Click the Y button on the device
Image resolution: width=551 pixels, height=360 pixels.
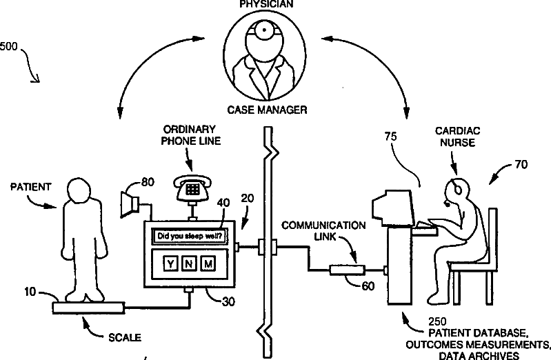pyautogui.click(x=170, y=263)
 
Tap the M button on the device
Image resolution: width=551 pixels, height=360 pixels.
pyautogui.click(x=208, y=263)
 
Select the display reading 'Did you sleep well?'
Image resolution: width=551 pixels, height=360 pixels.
pyautogui.click(x=190, y=236)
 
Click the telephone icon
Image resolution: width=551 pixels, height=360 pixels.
pyautogui.click(x=192, y=188)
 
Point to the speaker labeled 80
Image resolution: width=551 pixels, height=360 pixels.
pyautogui.click(x=130, y=203)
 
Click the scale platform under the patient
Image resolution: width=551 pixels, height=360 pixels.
pyautogui.click(x=88, y=308)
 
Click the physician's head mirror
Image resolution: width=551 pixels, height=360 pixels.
pyautogui.click(x=263, y=30)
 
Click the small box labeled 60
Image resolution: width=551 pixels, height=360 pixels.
pyautogui.click(x=347, y=270)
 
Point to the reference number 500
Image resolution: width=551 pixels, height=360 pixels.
pyautogui.click(x=8, y=46)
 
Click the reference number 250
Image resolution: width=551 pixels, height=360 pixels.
pyautogui.click(x=437, y=321)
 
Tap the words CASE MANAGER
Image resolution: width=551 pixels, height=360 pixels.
pyautogui.click(x=267, y=110)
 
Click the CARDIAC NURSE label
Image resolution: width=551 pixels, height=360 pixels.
pyautogui.click(x=457, y=137)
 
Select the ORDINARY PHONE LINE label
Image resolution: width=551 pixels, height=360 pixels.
pyautogui.click(x=191, y=135)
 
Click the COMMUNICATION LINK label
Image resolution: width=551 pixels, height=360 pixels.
pyautogui.click(x=323, y=230)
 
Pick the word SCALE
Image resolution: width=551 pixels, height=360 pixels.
pyautogui.click(x=125, y=337)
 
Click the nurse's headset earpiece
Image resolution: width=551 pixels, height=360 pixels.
pyautogui.click(x=458, y=190)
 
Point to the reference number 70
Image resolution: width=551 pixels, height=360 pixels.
pyautogui.click(x=521, y=164)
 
